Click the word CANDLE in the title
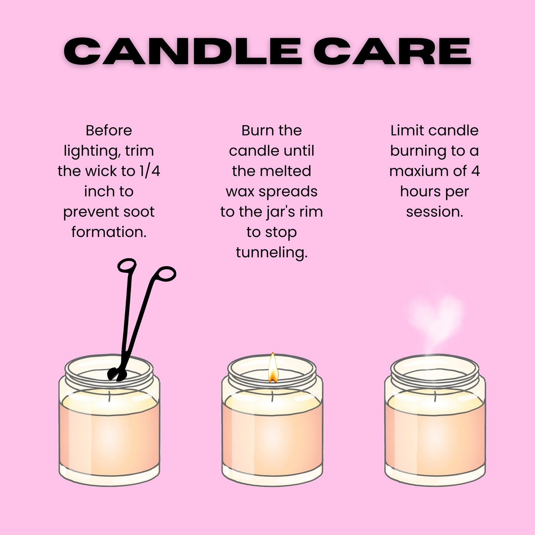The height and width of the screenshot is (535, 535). click(x=183, y=51)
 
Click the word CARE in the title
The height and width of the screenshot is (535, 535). click(x=392, y=51)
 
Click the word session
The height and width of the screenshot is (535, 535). click(x=435, y=212)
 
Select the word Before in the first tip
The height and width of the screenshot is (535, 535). click(x=109, y=130)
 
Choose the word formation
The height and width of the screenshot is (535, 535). click(x=109, y=233)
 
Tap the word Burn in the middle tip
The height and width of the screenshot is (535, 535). click(x=256, y=130)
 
